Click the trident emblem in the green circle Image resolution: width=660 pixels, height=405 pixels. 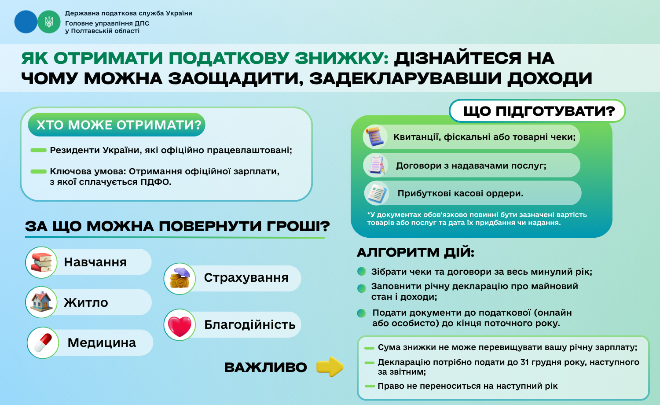point(49,22)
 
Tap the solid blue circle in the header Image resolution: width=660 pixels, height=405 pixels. point(26,22)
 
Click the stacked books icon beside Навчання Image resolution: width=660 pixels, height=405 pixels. point(41,262)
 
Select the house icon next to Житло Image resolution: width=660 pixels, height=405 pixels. point(41,302)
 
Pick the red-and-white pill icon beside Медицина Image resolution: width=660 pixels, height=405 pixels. point(43,342)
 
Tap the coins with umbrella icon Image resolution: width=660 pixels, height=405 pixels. point(180,278)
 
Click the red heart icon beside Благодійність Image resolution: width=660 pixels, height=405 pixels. point(180,325)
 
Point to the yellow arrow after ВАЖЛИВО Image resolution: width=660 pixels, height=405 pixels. point(330,367)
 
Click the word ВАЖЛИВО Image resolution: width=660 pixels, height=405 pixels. point(265,368)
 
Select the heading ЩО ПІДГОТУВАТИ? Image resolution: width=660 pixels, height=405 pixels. point(539,111)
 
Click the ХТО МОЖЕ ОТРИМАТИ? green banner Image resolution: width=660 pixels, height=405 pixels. point(117,125)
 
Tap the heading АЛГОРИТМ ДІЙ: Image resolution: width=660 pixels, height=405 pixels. point(415,253)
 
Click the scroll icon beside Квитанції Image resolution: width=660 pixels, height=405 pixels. point(375,136)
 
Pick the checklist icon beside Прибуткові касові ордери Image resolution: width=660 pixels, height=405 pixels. point(376,194)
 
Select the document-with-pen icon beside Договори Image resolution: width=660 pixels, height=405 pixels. point(375,166)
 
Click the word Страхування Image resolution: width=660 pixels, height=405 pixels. point(246,278)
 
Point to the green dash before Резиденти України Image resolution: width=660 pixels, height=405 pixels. point(39,150)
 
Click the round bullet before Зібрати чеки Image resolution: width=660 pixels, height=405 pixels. point(362,272)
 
